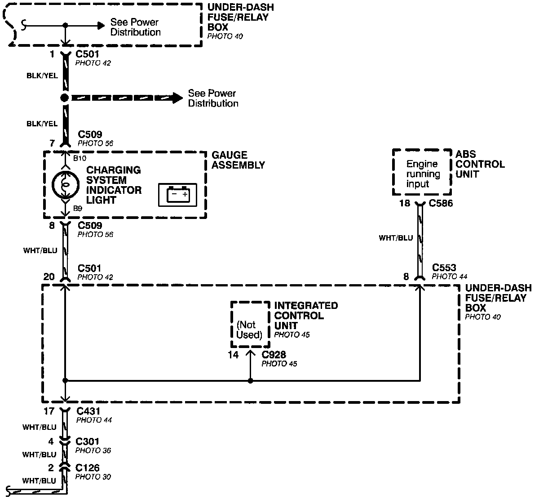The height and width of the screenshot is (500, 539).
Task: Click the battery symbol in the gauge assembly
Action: pyautogui.click(x=177, y=195)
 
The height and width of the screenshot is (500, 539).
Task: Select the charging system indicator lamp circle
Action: pyautogui.click(x=66, y=184)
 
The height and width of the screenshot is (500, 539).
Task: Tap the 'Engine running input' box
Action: pyautogui.click(x=422, y=174)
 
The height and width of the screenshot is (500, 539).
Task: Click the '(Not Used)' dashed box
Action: pyautogui.click(x=250, y=324)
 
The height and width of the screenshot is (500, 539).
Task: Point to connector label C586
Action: pyautogui.click(x=441, y=204)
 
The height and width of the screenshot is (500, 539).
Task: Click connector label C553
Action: pyautogui.click(x=444, y=268)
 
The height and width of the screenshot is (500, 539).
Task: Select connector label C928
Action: pyautogui.click(x=274, y=354)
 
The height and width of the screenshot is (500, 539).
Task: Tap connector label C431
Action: pyautogui.click(x=88, y=411)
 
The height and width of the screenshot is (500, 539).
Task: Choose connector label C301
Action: pyautogui.click(x=88, y=442)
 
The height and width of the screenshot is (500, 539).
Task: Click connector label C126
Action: pyautogui.click(x=88, y=468)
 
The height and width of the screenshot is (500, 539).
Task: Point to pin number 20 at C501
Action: pyautogui.click(x=49, y=277)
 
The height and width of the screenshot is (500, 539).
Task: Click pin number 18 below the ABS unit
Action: pyautogui.click(x=405, y=204)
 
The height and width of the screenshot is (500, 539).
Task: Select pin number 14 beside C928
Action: pyautogui.click(x=233, y=354)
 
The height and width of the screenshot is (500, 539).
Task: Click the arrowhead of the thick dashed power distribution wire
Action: pyautogui.click(x=177, y=98)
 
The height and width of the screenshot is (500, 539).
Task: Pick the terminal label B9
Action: pyautogui.click(x=77, y=209)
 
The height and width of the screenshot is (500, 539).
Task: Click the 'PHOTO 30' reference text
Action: pyautogui.click(x=93, y=477)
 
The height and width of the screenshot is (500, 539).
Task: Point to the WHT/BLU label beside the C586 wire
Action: pyautogui.click(x=395, y=238)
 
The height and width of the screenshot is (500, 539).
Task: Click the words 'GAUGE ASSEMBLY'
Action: pyautogui.click(x=238, y=160)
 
